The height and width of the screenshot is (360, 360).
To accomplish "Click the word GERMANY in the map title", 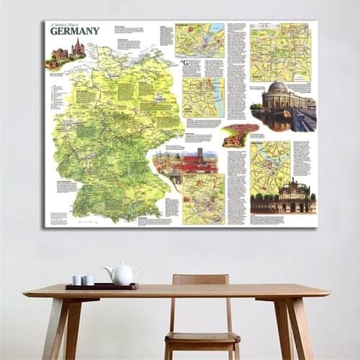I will tap(75, 31).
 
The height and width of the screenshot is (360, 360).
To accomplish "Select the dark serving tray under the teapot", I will tap(101, 286).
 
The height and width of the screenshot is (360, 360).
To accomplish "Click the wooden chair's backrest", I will tap(199, 281).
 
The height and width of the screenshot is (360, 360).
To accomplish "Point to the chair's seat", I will tap(202, 338).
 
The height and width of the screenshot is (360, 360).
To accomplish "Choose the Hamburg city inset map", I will tap(199, 40).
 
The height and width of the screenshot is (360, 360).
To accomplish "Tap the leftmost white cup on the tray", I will tap(77, 279).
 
